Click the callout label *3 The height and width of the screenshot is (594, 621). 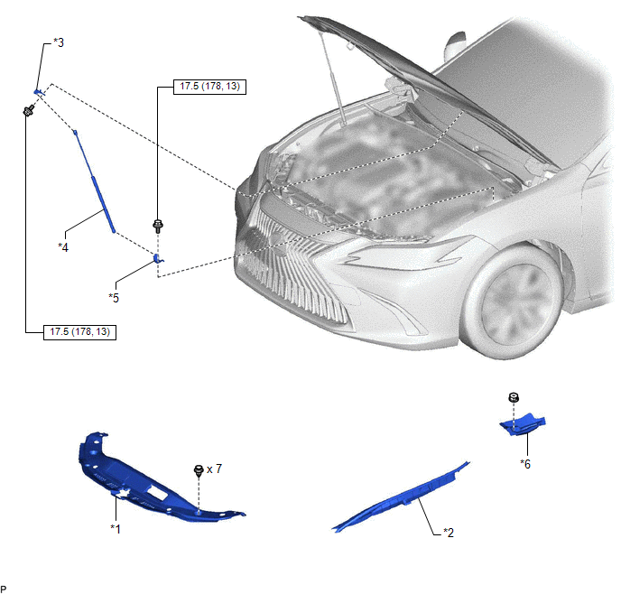(59, 42)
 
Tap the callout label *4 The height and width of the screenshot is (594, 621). (63, 247)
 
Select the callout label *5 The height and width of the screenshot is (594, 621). (114, 298)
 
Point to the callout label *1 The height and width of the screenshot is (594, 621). (116, 528)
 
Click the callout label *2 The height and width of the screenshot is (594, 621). (449, 533)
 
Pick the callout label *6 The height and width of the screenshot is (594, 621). (525, 464)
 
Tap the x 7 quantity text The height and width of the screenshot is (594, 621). (214, 469)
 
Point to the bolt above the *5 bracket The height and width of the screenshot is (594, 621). (158, 226)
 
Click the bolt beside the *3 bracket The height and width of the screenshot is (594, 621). (28, 110)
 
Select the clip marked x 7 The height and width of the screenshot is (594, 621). (199, 470)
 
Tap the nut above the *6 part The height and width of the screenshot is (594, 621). (514, 397)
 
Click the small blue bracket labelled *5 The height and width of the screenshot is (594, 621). (158, 258)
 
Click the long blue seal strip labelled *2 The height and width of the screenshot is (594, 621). (400, 497)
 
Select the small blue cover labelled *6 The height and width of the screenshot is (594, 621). (523, 424)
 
